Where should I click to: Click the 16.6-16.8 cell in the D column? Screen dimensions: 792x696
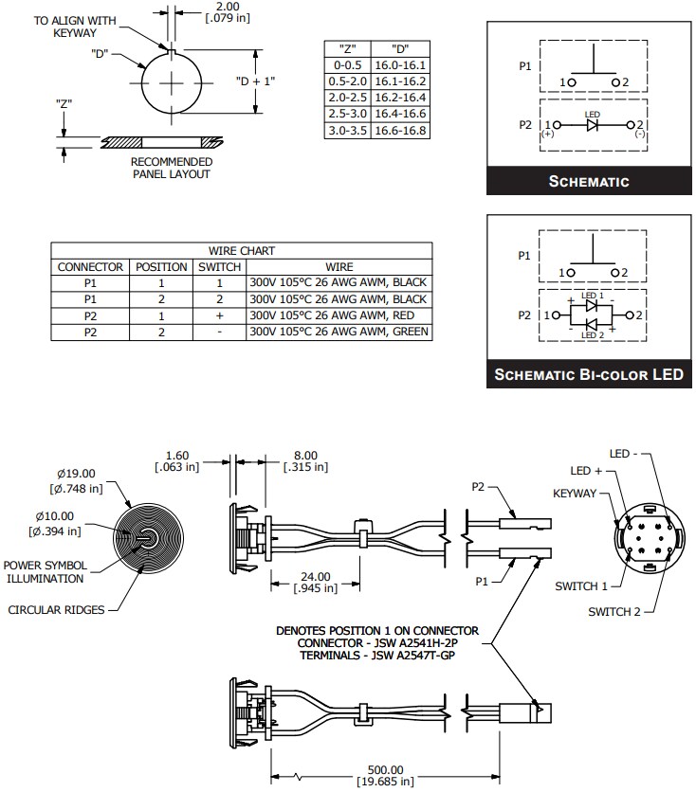click(x=401, y=130)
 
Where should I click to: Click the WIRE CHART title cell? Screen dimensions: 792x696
click(x=242, y=251)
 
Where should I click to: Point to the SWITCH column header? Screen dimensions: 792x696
click(x=219, y=267)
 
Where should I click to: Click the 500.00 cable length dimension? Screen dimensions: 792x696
click(x=385, y=769)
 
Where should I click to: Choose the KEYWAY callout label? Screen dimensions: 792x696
click(x=575, y=494)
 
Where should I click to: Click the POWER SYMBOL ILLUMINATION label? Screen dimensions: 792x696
click(x=46, y=571)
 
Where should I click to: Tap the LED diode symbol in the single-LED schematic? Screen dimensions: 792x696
click(x=593, y=124)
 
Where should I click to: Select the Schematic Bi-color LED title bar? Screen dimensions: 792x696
click(x=588, y=374)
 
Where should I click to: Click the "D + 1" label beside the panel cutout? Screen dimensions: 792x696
click(x=255, y=81)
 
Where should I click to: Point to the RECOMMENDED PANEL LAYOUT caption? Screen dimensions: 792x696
click(x=171, y=168)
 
